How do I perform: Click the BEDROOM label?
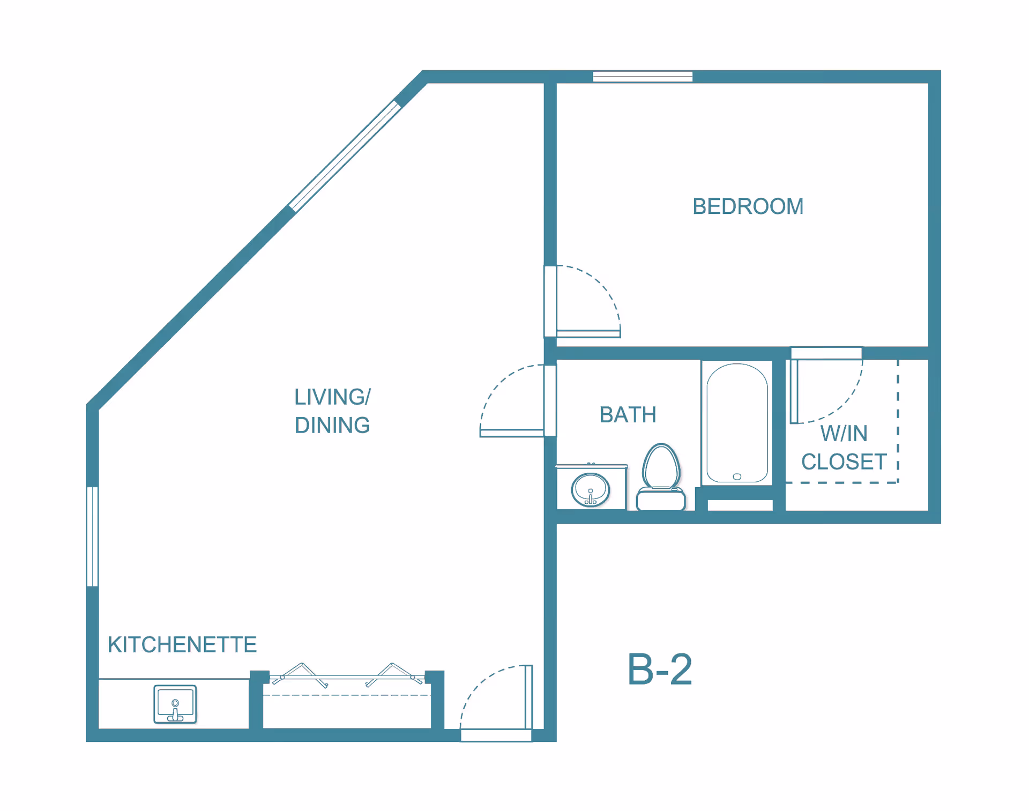coord(748,206)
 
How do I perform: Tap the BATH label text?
coord(628,415)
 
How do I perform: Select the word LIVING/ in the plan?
coord(332,397)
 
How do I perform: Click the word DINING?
coord(332,426)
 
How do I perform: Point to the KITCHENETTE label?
coord(182,645)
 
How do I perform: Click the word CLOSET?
coord(844,462)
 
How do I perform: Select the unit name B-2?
coord(660,669)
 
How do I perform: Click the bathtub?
coord(737,423)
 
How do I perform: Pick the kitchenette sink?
coord(175,704)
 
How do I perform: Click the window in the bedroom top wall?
coord(643,77)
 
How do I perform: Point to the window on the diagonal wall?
coord(345,156)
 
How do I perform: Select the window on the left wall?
coord(92,536)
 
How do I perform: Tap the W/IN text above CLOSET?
coord(844,434)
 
